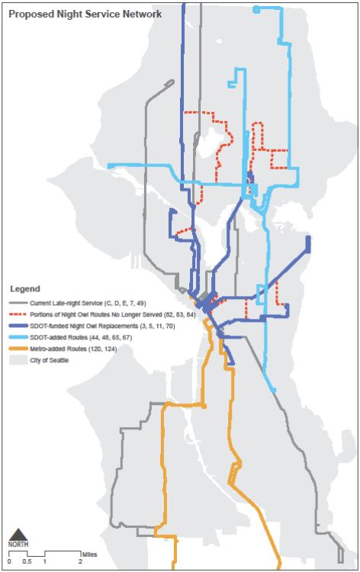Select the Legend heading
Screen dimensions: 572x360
pos(24,290)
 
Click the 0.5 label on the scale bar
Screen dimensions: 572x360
pos(26,561)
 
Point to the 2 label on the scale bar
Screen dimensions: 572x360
pos(80,561)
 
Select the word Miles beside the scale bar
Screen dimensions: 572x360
pos(90,554)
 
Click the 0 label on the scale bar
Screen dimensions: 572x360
pos(10,561)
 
